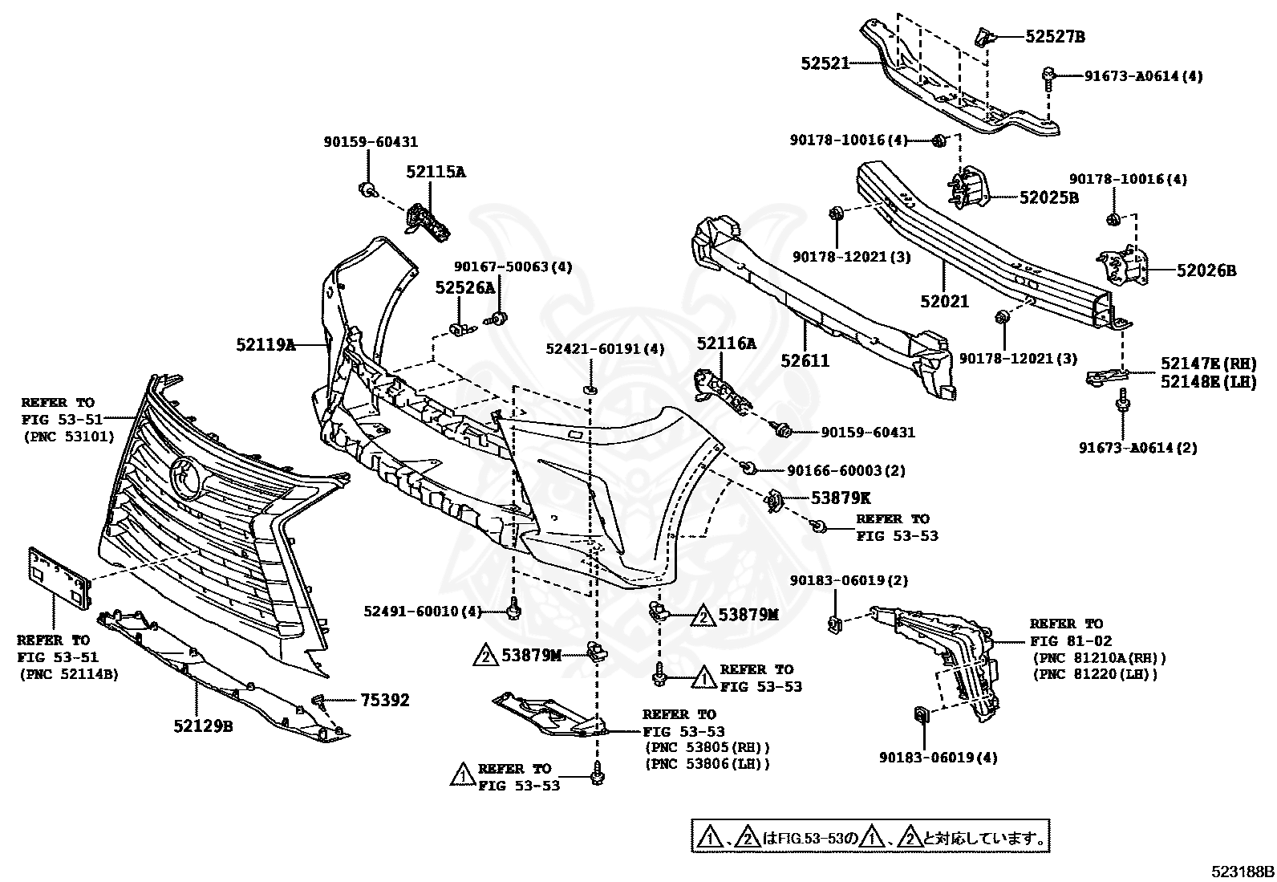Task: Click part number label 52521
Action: (x=825, y=63)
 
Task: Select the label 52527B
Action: (x=1055, y=36)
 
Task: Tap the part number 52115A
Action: (x=436, y=172)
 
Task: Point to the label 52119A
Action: (x=266, y=345)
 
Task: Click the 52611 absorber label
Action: (x=805, y=361)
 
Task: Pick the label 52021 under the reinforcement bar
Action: (x=945, y=302)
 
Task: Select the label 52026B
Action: (x=1206, y=271)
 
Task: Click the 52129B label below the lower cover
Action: (x=203, y=726)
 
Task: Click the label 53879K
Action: (x=828, y=498)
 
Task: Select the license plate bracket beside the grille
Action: (x=60, y=576)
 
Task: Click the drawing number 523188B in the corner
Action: (x=1243, y=871)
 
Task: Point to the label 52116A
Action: (x=726, y=344)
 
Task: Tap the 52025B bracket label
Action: (x=1048, y=197)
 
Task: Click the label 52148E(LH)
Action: (x=1208, y=383)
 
